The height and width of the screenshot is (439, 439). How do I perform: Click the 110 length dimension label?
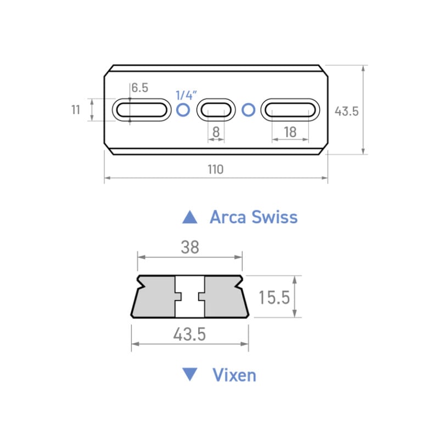(216, 170)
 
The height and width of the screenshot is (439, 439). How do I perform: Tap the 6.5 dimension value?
(139, 88)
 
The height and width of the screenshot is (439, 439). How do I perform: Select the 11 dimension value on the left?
(76, 110)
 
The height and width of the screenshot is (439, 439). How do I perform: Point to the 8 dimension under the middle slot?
(216, 132)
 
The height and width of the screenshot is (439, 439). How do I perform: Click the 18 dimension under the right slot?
(290, 132)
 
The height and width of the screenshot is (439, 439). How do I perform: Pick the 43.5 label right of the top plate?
(346, 111)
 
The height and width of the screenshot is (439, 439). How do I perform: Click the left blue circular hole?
(183, 110)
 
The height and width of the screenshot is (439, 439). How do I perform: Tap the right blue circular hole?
(249, 110)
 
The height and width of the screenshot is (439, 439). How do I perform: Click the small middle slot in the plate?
(216, 110)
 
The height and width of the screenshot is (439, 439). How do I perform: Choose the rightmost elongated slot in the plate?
(290, 110)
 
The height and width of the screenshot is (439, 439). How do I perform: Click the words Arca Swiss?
(254, 217)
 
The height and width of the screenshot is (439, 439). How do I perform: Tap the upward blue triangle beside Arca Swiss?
(190, 217)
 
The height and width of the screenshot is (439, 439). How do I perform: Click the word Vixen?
(234, 375)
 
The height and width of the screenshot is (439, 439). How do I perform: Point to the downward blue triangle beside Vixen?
(190, 375)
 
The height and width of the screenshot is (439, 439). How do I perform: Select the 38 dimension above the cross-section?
(189, 247)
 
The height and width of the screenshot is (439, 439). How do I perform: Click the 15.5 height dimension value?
(274, 297)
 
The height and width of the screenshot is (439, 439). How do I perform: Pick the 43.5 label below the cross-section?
(189, 334)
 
